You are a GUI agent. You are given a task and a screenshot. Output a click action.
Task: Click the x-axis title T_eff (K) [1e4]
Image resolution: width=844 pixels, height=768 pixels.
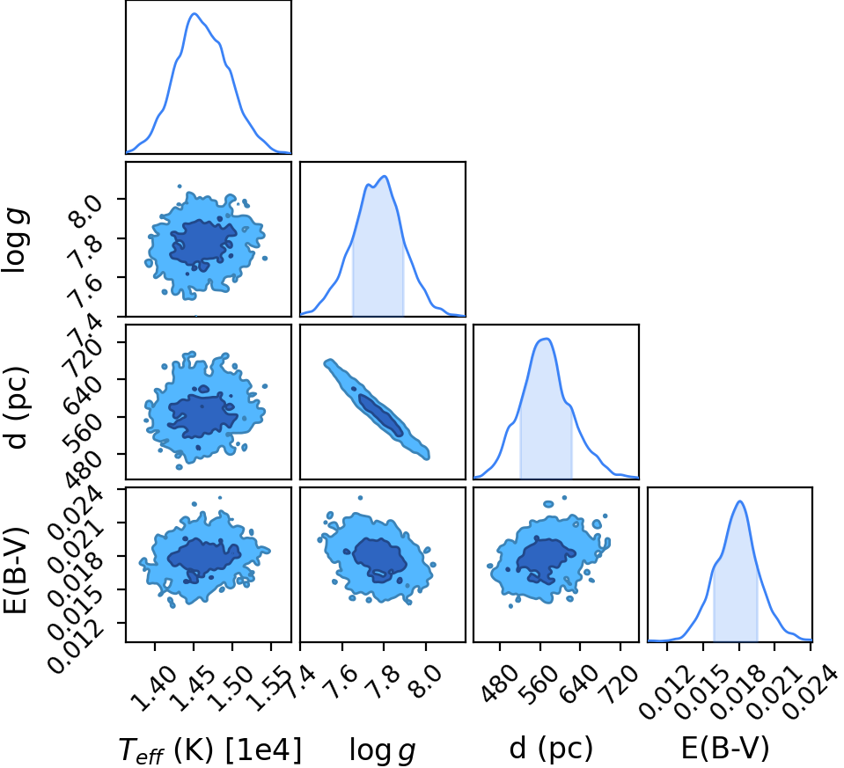[210, 750]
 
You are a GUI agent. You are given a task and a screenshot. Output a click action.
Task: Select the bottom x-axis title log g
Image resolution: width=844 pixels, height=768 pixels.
[382, 750]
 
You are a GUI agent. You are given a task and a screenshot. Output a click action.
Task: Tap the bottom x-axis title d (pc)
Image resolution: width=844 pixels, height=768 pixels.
[551, 749]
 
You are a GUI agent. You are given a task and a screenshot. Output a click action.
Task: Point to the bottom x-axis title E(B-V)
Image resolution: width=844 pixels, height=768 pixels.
[725, 748]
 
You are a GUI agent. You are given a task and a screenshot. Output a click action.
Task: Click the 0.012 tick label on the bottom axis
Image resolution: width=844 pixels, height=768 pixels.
[665, 693]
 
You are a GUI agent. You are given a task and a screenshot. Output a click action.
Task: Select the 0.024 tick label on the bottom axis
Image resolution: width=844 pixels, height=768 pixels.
[809, 693]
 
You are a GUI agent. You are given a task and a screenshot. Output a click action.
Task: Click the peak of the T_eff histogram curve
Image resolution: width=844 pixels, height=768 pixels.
[194, 14]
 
